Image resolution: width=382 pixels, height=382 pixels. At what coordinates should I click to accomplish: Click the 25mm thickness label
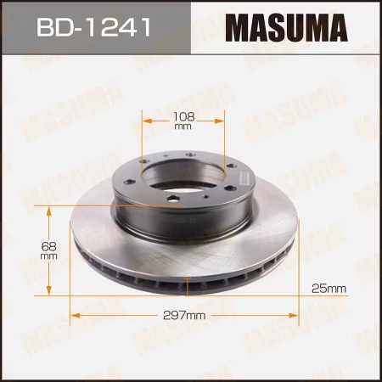pyautogui.click(x=329, y=289)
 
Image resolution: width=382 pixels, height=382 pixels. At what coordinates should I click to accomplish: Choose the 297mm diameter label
pyautogui.click(x=185, y=316)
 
